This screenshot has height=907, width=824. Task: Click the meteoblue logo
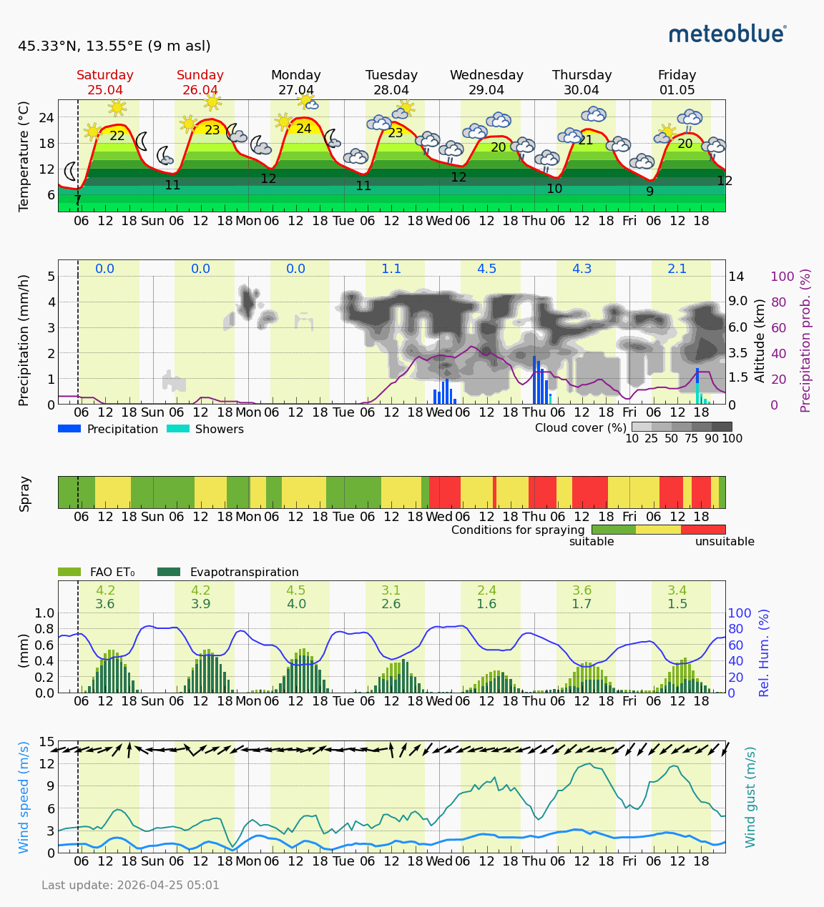point(727,34)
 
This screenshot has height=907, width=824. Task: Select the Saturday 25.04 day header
point(105,82)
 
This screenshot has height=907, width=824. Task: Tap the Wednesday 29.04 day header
point(486,82)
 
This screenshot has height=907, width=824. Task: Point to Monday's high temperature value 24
point(304,129)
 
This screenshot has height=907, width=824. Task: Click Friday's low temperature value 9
point(649,192)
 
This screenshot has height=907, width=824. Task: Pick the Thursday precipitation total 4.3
point(582,269)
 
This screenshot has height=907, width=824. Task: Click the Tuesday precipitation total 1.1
point(391,269)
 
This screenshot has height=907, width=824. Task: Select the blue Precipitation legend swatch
point(69,429)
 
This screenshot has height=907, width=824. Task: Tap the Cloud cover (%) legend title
point(580,427)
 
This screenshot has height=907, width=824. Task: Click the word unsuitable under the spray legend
point(725,542)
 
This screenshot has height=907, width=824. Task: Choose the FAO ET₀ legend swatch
point(69,572)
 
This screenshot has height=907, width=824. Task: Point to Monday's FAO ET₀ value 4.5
point(296,590)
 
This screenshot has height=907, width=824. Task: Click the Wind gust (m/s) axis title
point(750,797)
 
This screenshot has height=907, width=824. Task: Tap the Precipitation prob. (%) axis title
point(806,340)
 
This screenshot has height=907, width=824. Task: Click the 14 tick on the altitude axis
point(737,277)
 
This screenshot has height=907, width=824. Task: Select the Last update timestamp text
point(130,886)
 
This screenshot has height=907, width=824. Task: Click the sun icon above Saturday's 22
point(117,107)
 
